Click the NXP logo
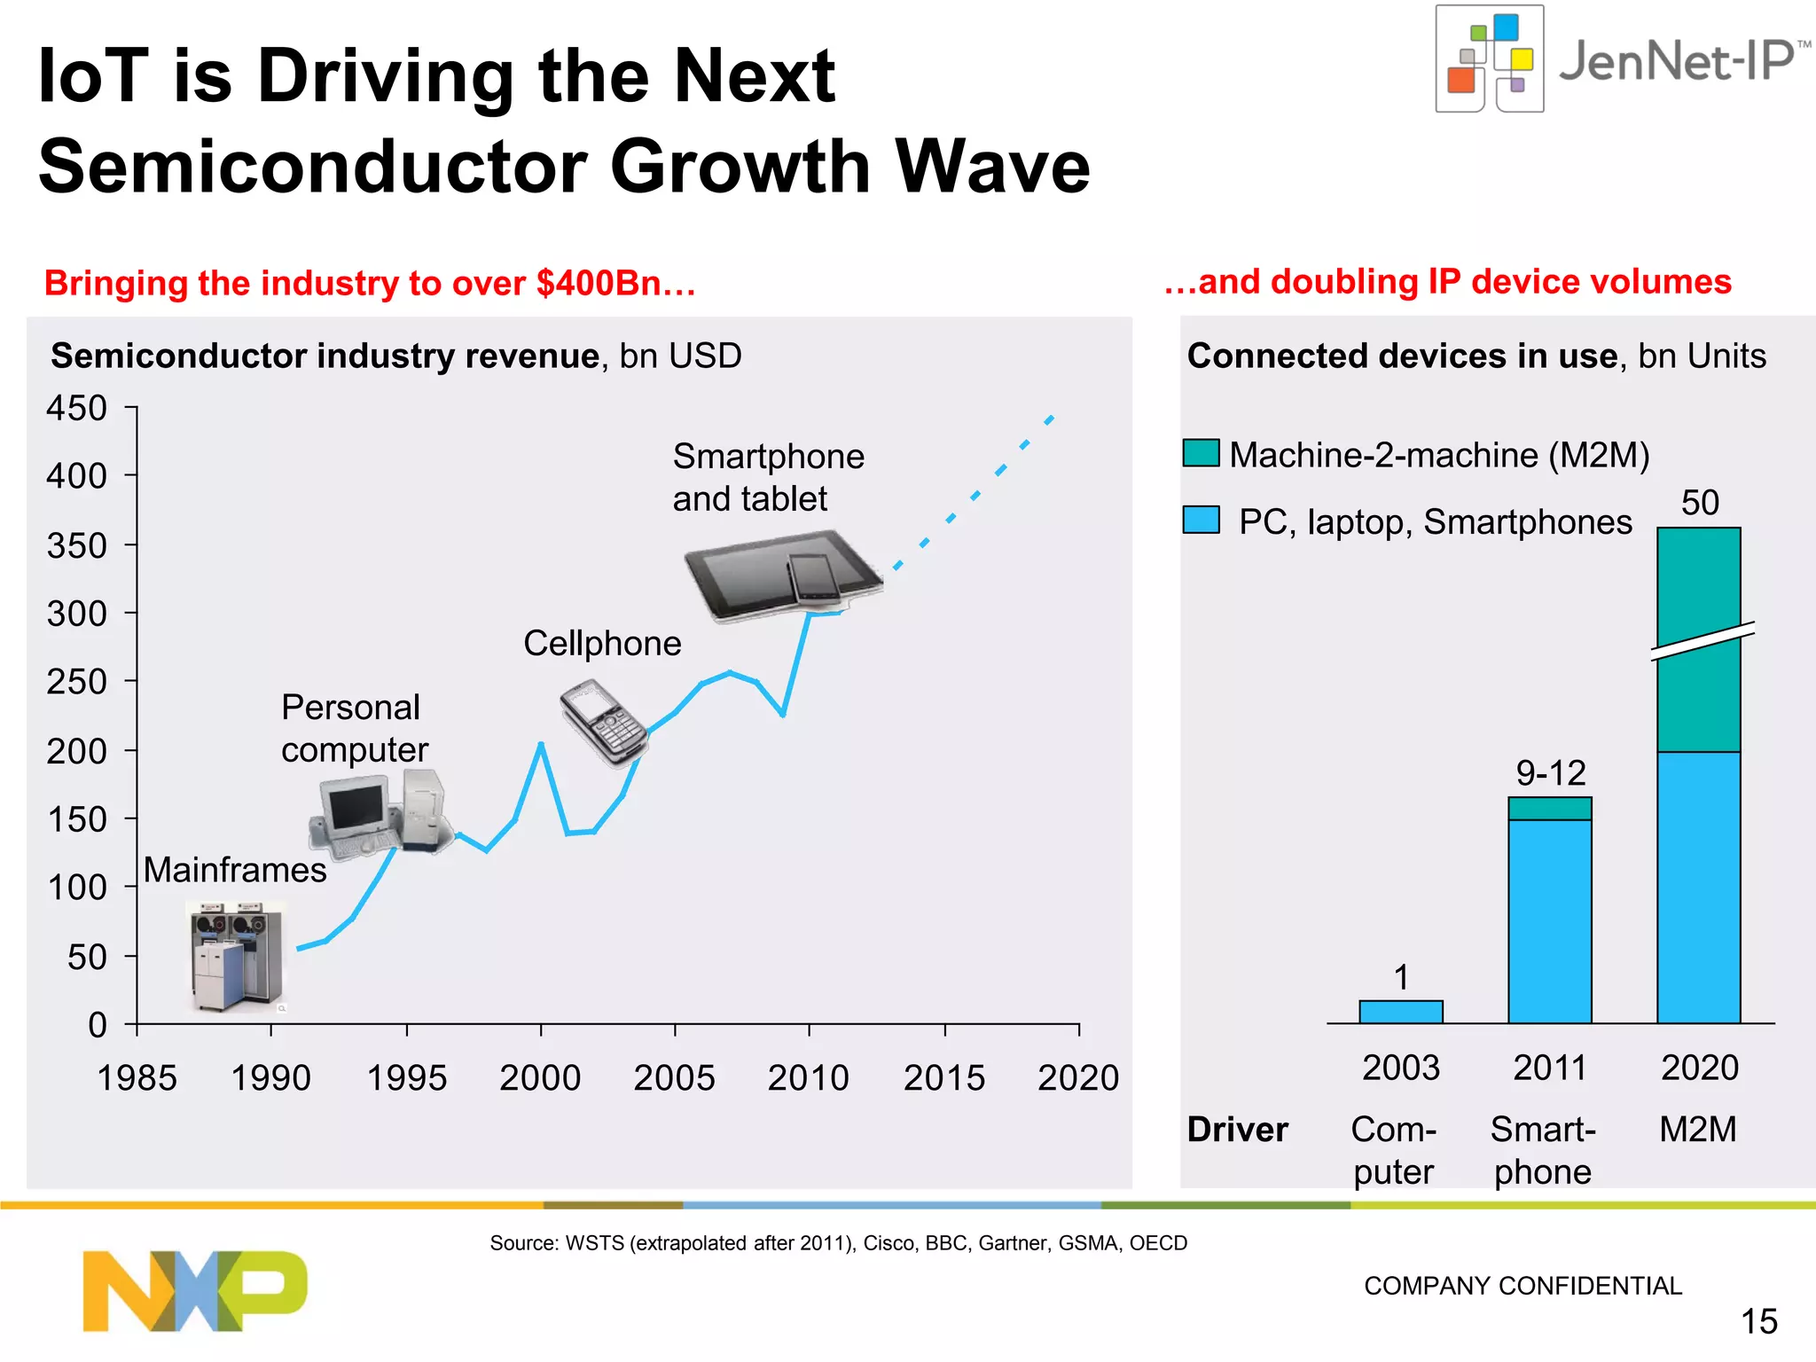point(195,1290)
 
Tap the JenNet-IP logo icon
point(1490,59)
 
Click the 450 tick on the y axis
point(76,408)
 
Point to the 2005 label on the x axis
point(674,1078)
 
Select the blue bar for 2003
point(1400,1012)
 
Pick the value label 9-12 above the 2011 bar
point(1550,773)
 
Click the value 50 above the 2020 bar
point(1700,503)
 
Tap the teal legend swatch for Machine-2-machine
point(1201,453)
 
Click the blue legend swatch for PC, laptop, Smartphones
point(1201,520)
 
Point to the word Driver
point(1237,1130)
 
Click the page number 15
point(1758,1321)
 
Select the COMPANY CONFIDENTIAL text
point(1522,1286)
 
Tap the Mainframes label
point(235,870)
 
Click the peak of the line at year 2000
point(541,744)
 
